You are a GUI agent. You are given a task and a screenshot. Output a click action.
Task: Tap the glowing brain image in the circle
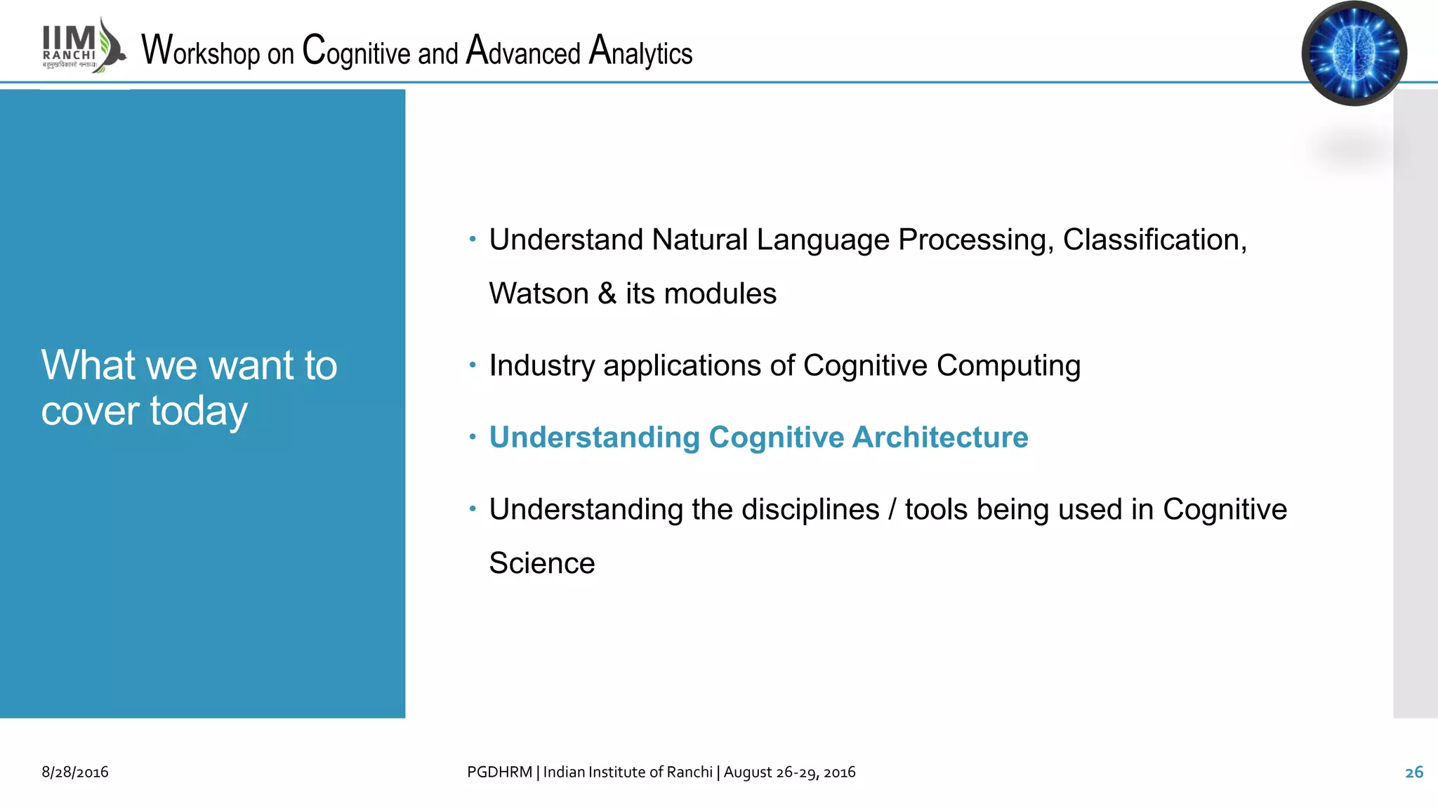1353,53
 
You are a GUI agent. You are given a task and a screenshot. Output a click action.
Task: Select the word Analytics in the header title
640,52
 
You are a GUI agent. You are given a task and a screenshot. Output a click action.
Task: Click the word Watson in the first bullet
539,294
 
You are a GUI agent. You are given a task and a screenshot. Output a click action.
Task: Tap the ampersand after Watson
607,294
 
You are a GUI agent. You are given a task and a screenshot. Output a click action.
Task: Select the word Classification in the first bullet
1152,240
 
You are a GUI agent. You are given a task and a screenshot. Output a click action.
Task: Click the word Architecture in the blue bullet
940,438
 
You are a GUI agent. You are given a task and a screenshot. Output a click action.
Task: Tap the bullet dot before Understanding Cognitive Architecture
473,438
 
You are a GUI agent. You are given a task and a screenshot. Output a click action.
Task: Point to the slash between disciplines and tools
892,510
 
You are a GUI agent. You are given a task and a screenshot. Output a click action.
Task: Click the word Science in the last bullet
541,563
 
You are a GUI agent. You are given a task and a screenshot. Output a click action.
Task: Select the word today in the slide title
199,412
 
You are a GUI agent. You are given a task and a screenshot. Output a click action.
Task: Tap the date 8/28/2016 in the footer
75,772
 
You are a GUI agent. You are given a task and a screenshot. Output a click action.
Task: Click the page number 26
1413,772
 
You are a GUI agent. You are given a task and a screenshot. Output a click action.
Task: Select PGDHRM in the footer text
499,772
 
